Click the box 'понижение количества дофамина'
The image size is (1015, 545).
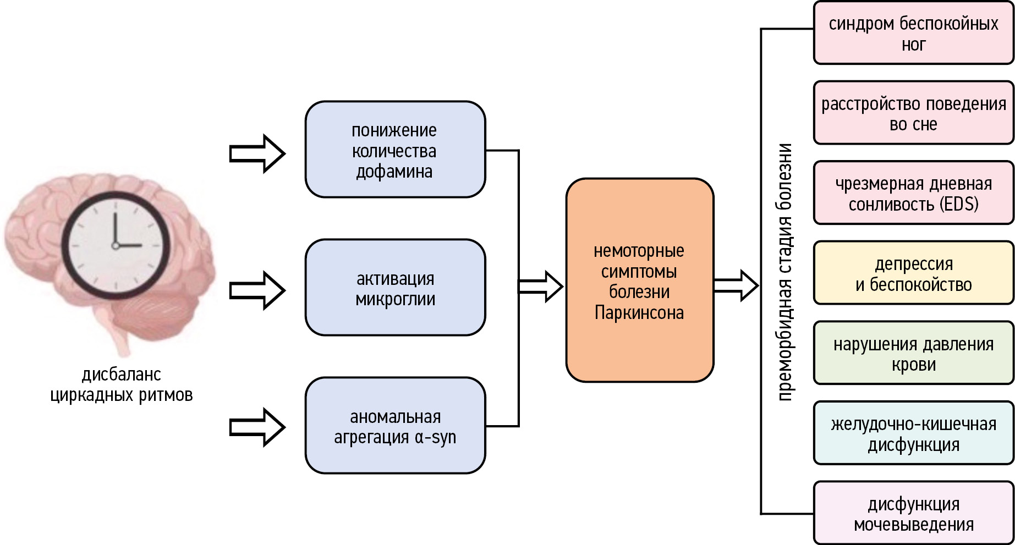(x=395, y=150)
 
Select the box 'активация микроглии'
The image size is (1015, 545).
(x=395, y=288)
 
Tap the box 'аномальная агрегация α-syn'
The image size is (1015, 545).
(x=395, y=426)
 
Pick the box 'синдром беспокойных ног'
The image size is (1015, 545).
(x=913, y=33)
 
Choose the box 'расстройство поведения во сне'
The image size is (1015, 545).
(x=913, y=113)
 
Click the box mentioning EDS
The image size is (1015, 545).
(x=913, y=193)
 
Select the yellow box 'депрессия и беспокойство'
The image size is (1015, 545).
(x=913, y=273)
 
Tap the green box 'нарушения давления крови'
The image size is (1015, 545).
(x=913, y=353)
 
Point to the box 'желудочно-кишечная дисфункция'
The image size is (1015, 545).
(x=913, y=433)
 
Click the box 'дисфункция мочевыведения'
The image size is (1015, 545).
(x=913, y=513)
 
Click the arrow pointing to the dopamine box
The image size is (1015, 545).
(x=257, y=153)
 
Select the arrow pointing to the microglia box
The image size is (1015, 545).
(x=257, y=290)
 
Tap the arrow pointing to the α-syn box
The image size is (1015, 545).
(x=257, y=427)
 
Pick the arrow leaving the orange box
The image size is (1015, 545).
(x=736, y=285)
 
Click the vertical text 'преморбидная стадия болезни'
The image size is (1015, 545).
(x=784, y=272)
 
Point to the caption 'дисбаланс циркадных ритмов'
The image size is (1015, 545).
(x=122, y=384)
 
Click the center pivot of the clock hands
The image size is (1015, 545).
(x=116, y=245)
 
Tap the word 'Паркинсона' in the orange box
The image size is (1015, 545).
(x=639, y=313)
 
